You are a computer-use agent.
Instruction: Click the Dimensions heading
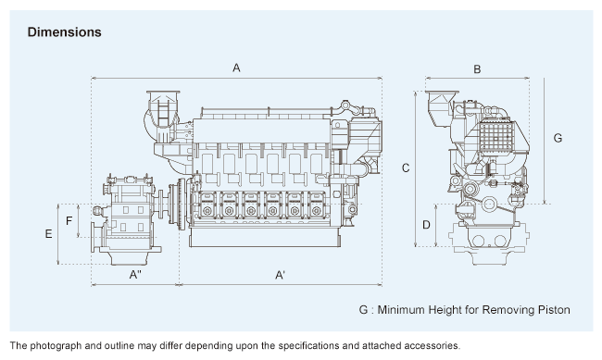point(65,32)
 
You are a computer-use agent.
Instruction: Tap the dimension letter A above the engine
point(236,68)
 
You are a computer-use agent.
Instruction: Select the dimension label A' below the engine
point(280,275)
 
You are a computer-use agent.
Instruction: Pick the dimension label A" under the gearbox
point(135,275)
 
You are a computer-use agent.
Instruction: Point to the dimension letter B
point(477,69)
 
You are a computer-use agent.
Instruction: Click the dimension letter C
point(406,168)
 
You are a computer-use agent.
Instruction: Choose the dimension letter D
point(426,225)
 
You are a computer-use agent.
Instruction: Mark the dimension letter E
point(48,234)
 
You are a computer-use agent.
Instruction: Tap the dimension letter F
point(69,220)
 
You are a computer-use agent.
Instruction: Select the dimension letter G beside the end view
point(558,138)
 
